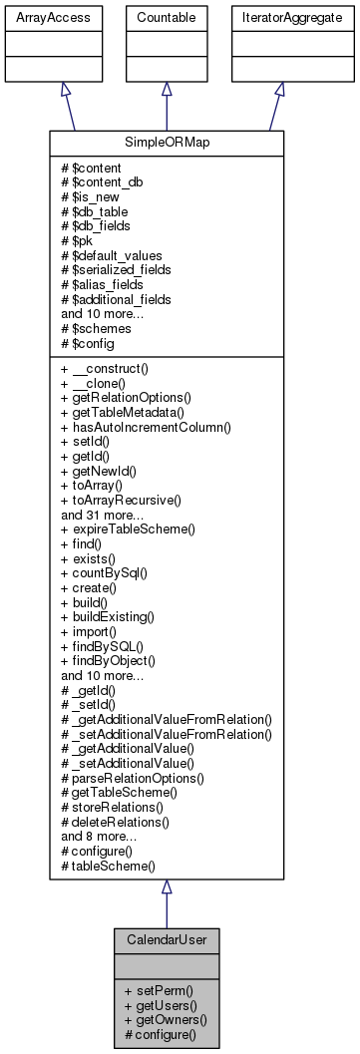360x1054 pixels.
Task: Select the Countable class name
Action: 167,17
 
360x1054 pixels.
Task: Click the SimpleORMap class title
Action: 167,142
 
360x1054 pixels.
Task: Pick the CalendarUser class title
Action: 167,939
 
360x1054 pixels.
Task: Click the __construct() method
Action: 105,368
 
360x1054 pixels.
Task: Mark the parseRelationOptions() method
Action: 133,775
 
